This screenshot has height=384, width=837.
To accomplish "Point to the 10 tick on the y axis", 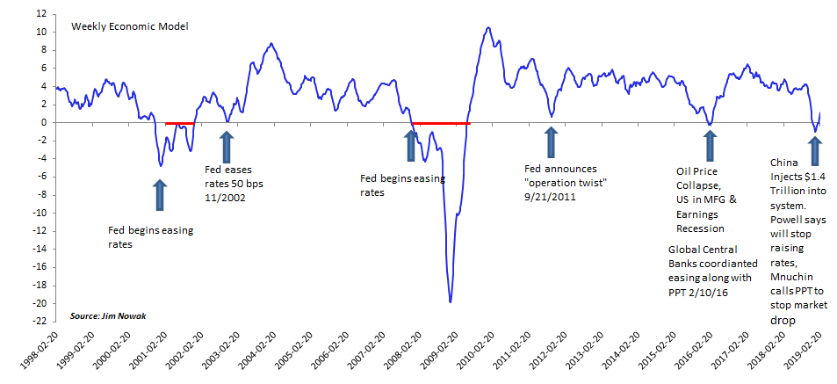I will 41,33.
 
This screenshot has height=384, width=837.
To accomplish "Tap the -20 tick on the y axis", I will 39,303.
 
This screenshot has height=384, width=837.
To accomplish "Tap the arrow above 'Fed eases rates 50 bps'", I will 226,146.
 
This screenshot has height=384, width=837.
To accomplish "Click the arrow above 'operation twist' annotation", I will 551,141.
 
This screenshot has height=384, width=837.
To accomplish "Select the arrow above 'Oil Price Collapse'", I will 710,145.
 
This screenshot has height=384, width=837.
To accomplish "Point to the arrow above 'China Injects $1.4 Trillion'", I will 815,141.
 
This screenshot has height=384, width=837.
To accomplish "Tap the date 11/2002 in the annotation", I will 225,198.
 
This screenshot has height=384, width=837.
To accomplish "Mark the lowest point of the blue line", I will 451,301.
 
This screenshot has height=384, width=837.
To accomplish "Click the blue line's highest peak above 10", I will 488,27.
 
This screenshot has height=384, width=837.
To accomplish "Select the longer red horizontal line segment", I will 442,123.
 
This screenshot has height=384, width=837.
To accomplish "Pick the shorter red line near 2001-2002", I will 181,123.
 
